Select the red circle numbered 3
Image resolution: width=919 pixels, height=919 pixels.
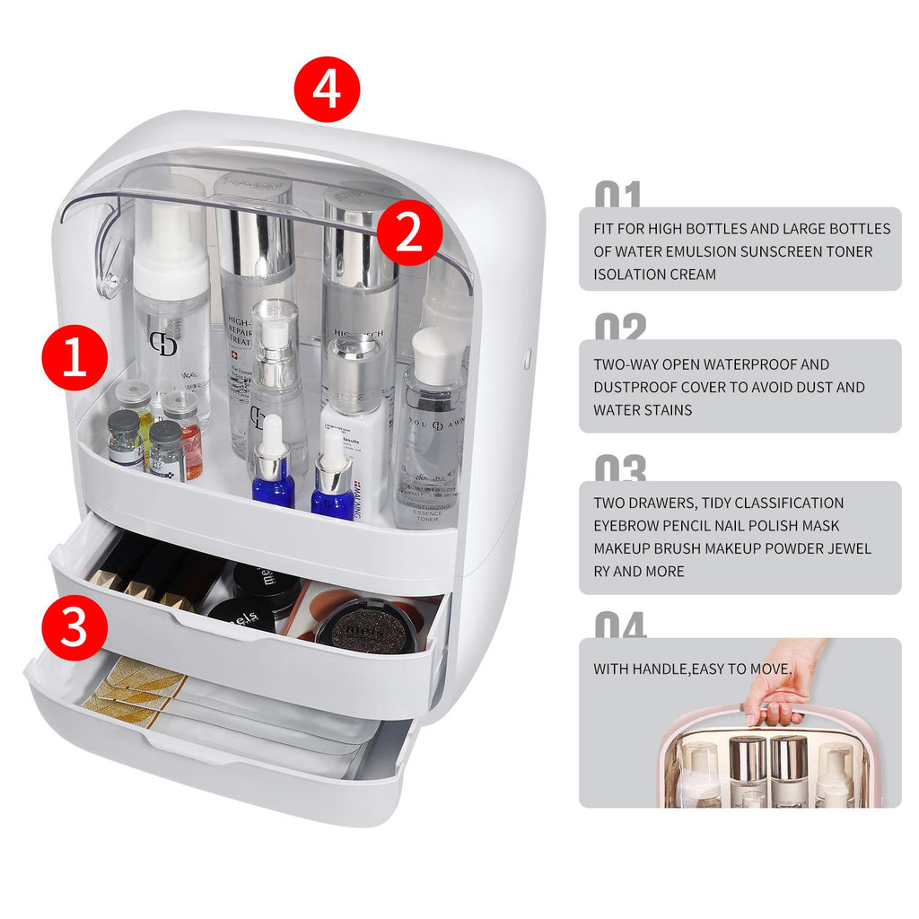74,627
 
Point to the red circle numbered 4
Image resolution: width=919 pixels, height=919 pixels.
328,89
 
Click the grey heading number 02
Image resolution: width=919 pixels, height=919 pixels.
620,328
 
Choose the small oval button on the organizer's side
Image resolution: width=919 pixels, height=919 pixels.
527,360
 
